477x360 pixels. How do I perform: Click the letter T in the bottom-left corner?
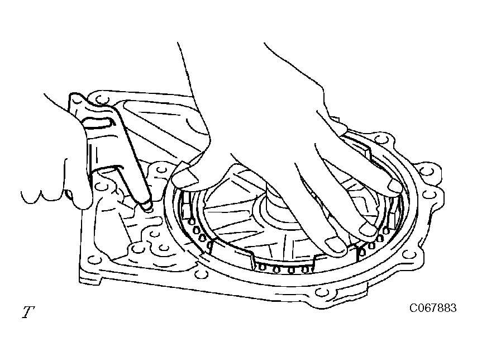pyautogui.click(x=28, y=312)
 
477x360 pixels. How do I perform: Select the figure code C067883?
pyautogui.click(x=433, y=308)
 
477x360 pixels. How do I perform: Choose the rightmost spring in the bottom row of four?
pyautogui.click(x=304, y=269)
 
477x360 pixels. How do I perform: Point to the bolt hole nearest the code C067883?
pyautogui.click(x=322, y=292)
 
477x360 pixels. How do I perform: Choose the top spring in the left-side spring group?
pyautogui.click(x=192, y=221)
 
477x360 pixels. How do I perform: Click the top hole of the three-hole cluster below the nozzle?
pyautogui.click(x=154, y=234)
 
